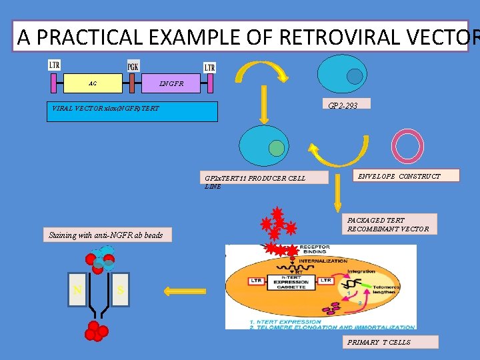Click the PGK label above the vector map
point(133,67)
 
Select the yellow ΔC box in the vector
point(93,83)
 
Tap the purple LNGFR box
point(171,83)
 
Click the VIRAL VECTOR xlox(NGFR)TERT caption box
point(133,111)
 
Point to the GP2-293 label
point(343,105)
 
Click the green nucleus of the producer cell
point(276,147)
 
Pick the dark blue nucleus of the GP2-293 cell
point(355,77)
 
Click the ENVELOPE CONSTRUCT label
point(399,176)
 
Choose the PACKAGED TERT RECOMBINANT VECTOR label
point(391,225)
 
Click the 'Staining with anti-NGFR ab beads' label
point(105,235)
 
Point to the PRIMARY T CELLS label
point(391,342)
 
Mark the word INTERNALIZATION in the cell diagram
point(323,261)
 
